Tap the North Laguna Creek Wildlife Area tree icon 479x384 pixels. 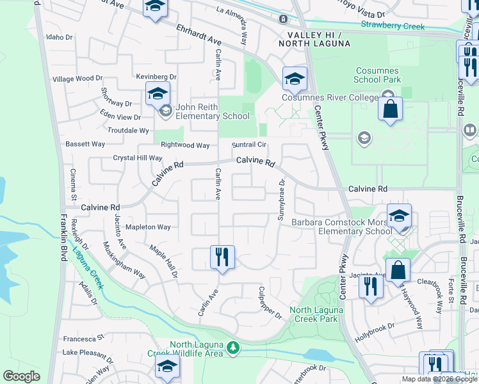coord(234,348)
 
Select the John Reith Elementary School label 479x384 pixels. coord(213,112)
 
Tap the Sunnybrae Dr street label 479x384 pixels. coord(280,200)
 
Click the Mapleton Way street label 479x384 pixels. coord(148,227)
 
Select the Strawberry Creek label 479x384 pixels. coord(393,26)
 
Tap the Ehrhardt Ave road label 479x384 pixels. coord(199,34)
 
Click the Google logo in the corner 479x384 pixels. coord(21,376)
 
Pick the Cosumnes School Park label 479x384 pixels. coord(378,75)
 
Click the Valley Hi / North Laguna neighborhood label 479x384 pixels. coord(314,38)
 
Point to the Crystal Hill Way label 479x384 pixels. coord(137,158)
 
